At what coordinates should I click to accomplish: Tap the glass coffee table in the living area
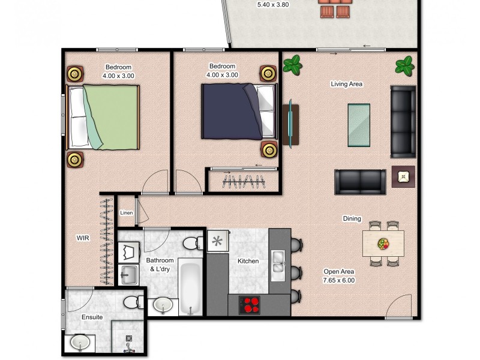(x=359, y=125)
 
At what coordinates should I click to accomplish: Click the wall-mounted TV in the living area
(x=291, y=124)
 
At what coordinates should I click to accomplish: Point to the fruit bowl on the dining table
(x=383, y=244)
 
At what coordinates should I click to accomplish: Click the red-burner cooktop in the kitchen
(x=249, y=304)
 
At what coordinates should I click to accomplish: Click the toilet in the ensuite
(x=131, y=300)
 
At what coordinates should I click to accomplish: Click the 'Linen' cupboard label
(x=127, y=213)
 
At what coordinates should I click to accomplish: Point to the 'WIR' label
(x=83, y=238)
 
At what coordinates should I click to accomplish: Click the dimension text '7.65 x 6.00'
(x=340, y=280)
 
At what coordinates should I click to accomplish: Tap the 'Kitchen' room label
(x=248, y=261)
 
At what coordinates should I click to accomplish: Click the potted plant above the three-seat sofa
(x=405, y=64)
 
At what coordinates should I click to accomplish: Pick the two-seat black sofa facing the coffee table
(x=360, y=182)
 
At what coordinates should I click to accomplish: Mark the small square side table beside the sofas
(x=403, y=176)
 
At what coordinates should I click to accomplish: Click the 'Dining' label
(x=352, y=218)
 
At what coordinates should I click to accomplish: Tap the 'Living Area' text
(x=346, y=85)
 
